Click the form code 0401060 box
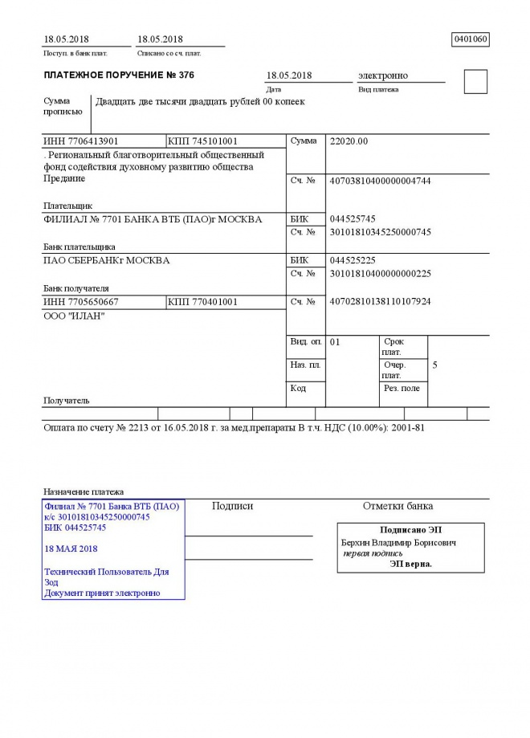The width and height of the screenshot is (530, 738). point(471,39)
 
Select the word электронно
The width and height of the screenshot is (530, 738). point(383,75)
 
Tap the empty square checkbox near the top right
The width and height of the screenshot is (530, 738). point(475,82)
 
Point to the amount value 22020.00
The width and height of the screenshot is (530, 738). point(349,141)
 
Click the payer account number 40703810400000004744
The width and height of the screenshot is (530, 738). point(380,181)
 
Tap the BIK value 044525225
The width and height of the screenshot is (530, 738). point(353,260)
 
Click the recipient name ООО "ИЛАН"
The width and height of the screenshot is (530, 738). point(74,316)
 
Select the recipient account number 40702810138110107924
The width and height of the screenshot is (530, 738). point(380,302)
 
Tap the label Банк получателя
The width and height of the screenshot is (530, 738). point(75,287)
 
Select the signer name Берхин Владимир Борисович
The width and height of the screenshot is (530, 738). point(399,543)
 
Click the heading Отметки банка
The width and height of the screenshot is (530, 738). point(397,507)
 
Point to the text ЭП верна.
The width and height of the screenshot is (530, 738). point(410,564)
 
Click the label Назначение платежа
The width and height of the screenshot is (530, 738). point(83,491)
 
